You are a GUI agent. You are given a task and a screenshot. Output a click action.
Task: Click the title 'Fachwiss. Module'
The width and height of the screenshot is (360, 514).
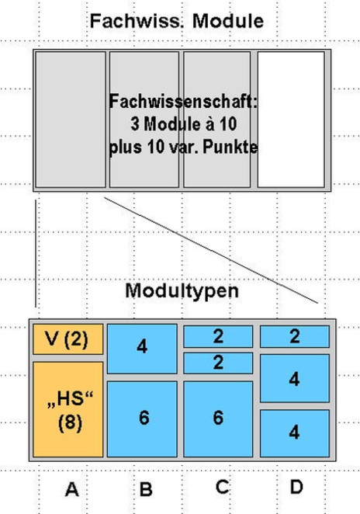coord(177,21)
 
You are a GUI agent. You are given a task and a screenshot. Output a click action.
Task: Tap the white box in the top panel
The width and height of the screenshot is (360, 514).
coord(291,120)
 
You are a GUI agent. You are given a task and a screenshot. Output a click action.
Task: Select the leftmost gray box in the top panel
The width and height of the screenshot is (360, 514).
coord(71,120)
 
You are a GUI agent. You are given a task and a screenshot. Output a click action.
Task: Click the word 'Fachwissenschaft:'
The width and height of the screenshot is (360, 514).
coord(183,101)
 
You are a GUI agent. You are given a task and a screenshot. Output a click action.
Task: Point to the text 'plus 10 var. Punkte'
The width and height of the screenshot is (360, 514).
coord(183,147)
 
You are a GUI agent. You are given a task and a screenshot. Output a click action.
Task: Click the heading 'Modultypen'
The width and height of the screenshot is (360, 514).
coord(182,290)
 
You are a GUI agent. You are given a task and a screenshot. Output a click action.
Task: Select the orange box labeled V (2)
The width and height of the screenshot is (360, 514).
coord(67,339)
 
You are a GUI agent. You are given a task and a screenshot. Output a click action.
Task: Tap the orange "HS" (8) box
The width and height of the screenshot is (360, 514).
coord(67,409)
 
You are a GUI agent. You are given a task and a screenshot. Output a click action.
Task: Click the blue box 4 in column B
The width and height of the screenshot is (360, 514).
coord(142,349)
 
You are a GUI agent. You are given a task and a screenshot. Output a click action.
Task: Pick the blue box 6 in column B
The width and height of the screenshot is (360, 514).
coord(142,418)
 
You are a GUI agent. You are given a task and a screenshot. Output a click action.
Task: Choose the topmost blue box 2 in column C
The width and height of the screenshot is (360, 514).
coord(218,336)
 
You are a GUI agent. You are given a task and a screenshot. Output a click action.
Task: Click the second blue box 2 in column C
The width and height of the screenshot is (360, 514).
coord(218,363)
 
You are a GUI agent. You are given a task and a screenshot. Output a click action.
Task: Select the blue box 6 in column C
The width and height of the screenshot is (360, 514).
coord(218,418)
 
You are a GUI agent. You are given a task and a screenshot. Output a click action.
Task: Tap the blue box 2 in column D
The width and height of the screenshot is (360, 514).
coord(295,336)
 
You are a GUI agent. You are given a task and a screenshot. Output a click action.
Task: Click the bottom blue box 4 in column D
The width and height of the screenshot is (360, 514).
coord(295,433)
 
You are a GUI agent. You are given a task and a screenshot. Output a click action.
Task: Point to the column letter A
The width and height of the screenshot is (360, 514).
coord(72,489)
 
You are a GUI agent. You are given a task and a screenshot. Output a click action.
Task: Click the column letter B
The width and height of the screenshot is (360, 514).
coord(146,489)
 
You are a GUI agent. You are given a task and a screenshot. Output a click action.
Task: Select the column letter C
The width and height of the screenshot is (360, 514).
coord(223,487)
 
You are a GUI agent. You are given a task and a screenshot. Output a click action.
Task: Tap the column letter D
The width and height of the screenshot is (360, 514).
coord(296,487)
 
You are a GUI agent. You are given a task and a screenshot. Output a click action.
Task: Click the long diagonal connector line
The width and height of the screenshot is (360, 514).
coord(211,250)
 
